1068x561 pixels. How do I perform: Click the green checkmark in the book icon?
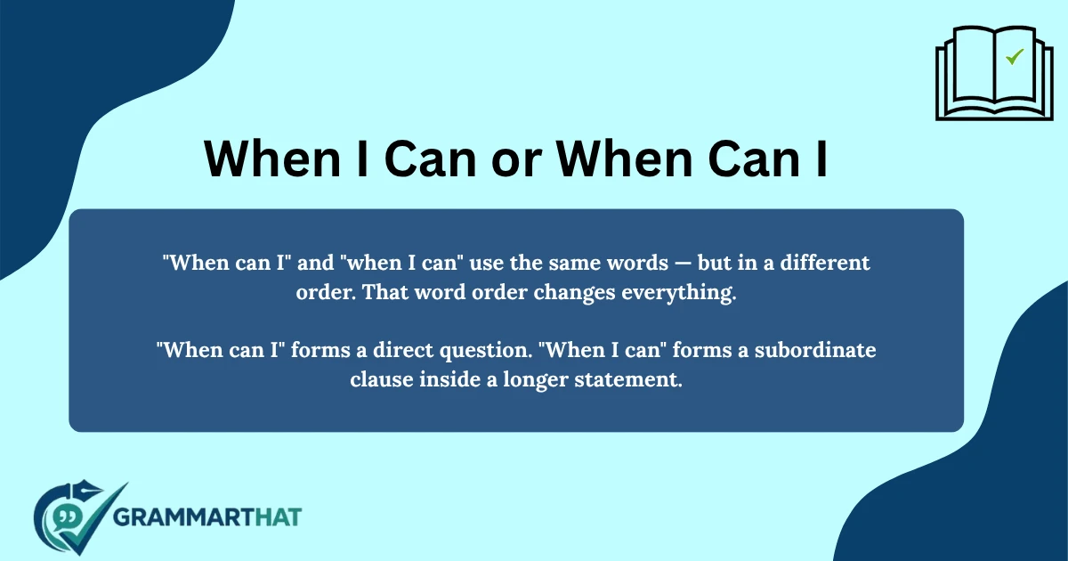(1014, 57)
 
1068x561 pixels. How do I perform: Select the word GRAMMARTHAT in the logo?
(209, 516)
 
